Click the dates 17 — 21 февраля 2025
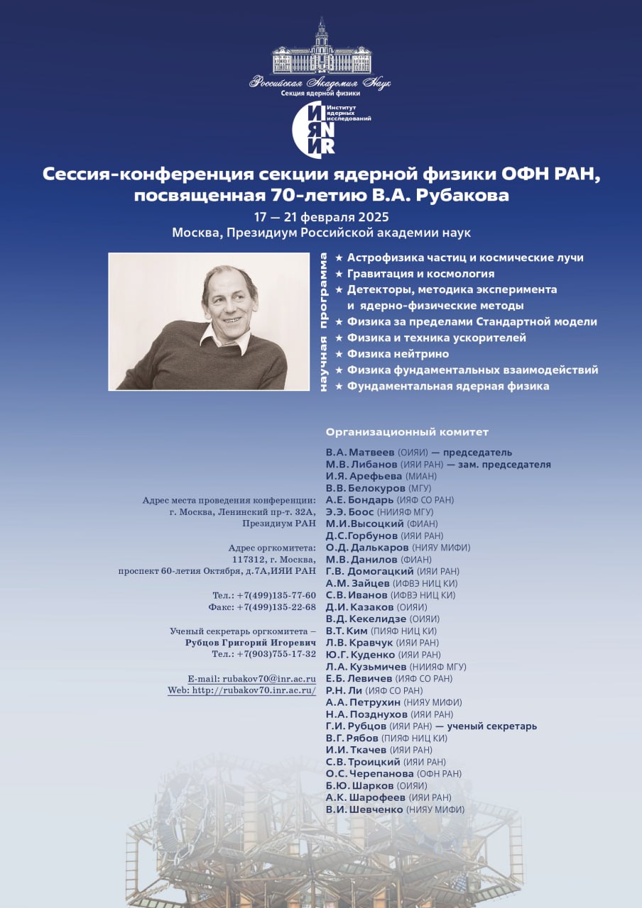(x=321, y=217)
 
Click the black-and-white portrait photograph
(x=209, y=321)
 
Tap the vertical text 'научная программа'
(x=323, y=321)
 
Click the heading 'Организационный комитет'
(x=407, y=432)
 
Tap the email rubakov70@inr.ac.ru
(x=269, y=679)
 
